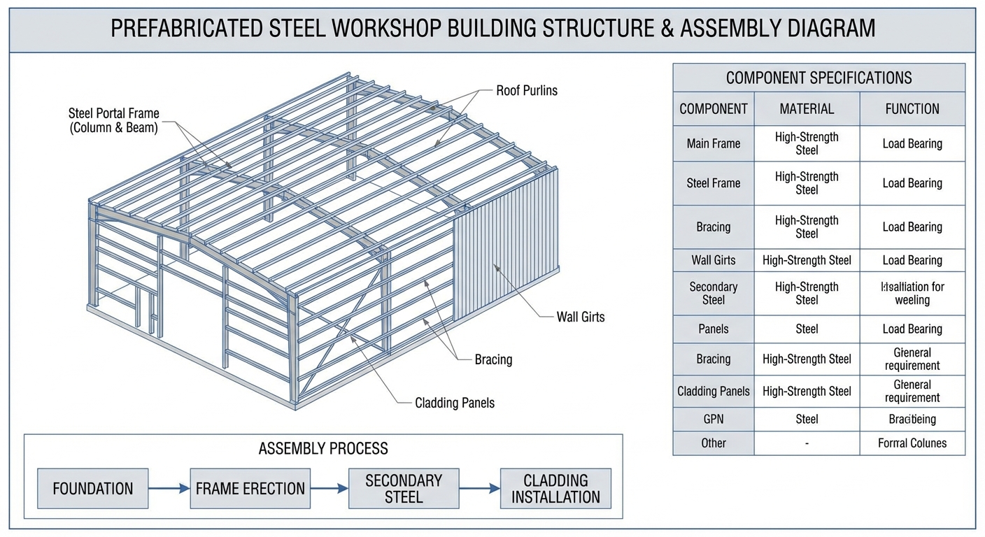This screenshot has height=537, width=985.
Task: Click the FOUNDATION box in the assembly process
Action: (x=92, y=488)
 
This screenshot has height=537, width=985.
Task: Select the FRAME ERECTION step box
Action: (x=250, y=488)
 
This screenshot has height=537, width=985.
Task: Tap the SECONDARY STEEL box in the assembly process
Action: (x=404, y=488)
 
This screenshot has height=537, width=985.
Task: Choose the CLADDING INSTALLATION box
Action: (x=555, y=488)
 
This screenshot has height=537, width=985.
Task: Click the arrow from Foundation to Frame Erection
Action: (x=169, y=488)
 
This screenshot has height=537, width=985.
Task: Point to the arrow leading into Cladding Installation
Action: (x=479, y=488)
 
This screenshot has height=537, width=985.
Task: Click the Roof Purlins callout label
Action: (x=527, y=90)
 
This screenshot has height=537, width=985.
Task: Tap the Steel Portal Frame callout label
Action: (x=113, y=120)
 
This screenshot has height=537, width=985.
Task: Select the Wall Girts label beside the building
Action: (x=580, y=317)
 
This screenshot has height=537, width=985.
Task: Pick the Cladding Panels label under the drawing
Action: (x=454, y=403)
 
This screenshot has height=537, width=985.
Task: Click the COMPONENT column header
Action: (x=714, y=109)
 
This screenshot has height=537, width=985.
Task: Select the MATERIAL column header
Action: (x=807, y=109)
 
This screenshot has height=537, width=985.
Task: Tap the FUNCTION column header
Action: (x=912, y=109)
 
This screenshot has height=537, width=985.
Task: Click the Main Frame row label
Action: (x=714, y=144)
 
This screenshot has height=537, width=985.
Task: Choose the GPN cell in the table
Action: (x=714, y=420)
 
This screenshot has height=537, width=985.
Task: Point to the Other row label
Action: (x=714, y=443)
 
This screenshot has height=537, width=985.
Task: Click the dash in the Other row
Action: (x=807, y=443)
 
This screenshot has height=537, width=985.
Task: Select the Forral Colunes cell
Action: (x=912, y=443)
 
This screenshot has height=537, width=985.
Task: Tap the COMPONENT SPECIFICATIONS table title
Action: (x=819, y=78)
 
